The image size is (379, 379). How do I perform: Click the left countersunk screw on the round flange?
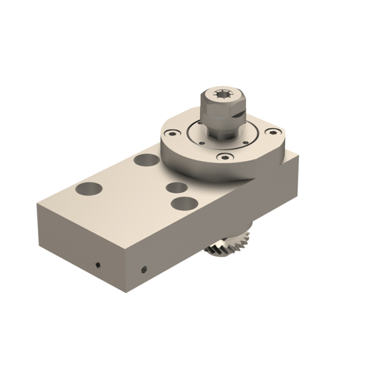[173, 132]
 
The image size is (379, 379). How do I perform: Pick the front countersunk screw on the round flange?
[225, 157]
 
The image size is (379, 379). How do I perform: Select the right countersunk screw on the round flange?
[273, 132]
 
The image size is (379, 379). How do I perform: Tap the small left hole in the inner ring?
[202, 143]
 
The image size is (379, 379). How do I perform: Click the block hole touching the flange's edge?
[147, 160]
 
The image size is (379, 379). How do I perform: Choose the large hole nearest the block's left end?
[89, 188]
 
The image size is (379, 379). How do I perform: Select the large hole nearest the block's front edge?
[184, 204]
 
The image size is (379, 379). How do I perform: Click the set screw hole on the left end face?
[98, 265]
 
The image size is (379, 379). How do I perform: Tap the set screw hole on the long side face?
[143, 269]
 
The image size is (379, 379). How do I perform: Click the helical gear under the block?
[227, 244]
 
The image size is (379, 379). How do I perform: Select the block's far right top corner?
[298, 155]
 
